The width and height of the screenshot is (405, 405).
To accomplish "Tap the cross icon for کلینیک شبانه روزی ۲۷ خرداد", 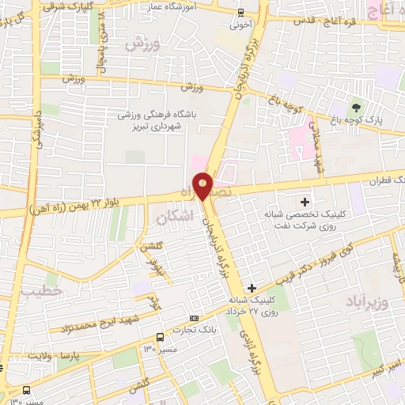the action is click(252, 288).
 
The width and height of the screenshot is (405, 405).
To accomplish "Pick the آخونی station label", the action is click(240, 24).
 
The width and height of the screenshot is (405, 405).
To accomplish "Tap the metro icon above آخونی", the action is click(240, 12).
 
